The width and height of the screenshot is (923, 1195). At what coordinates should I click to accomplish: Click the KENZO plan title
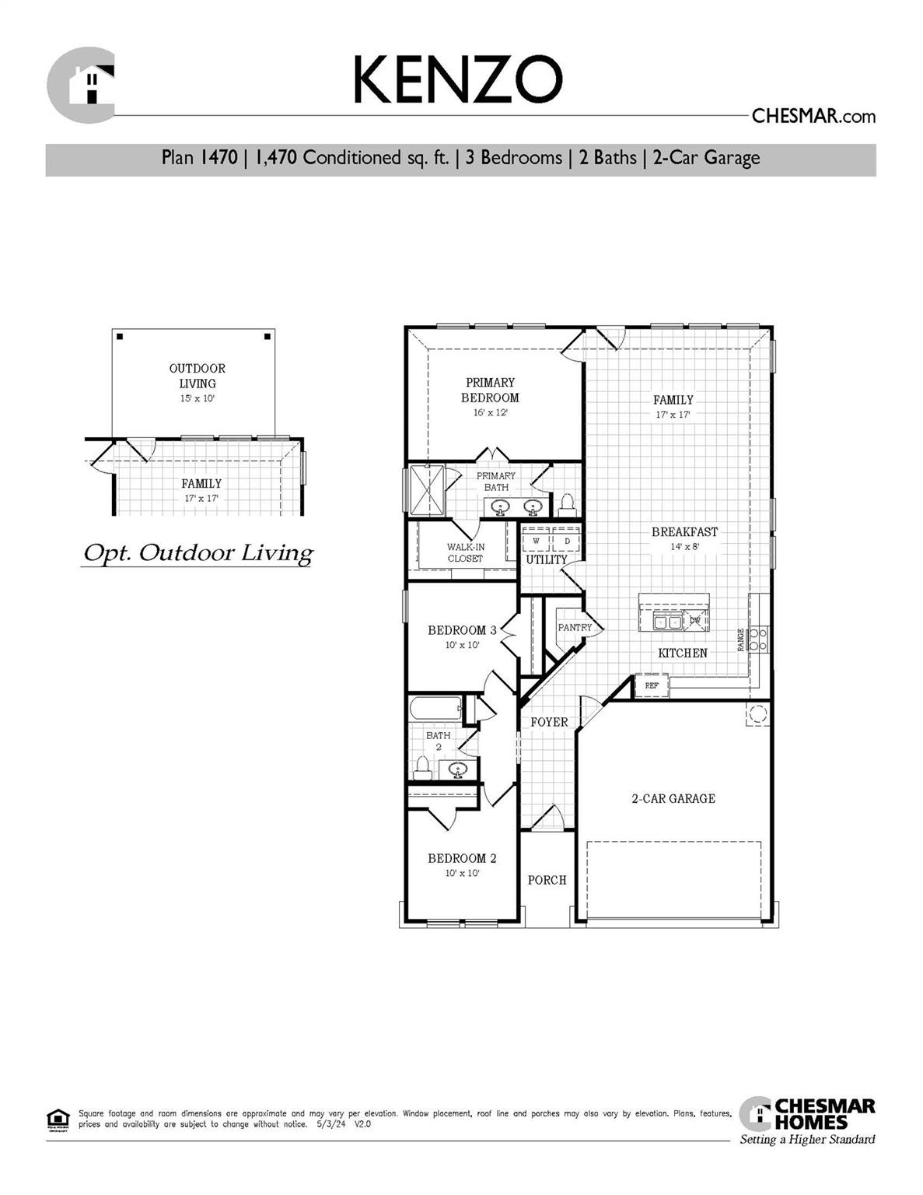pos(457,80)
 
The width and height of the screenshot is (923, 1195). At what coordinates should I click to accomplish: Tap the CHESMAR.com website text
pos(813,117)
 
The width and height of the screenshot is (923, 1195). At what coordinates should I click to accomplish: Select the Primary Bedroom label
pos(490,390)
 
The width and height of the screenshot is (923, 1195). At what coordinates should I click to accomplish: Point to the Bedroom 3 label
pos(462,630)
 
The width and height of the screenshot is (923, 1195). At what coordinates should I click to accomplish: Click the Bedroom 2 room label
pos(462,858)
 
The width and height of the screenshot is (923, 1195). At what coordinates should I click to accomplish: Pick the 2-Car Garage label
pos(673,798)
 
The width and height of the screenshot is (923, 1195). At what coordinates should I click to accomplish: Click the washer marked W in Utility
pos(537,540)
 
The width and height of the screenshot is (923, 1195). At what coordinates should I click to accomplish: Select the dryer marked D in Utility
pos(567,540)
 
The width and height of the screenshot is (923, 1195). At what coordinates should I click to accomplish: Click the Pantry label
pos(575,627)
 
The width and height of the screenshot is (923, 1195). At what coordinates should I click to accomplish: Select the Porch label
pos(547,880)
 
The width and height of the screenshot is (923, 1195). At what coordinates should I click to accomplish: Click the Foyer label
pos(549,722)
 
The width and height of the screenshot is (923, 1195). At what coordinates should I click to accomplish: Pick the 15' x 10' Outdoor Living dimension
pos(198,398)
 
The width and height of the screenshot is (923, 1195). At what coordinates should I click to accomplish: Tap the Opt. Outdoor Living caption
pos(198,553)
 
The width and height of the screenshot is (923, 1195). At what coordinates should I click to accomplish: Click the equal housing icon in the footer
pos(58,1119)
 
